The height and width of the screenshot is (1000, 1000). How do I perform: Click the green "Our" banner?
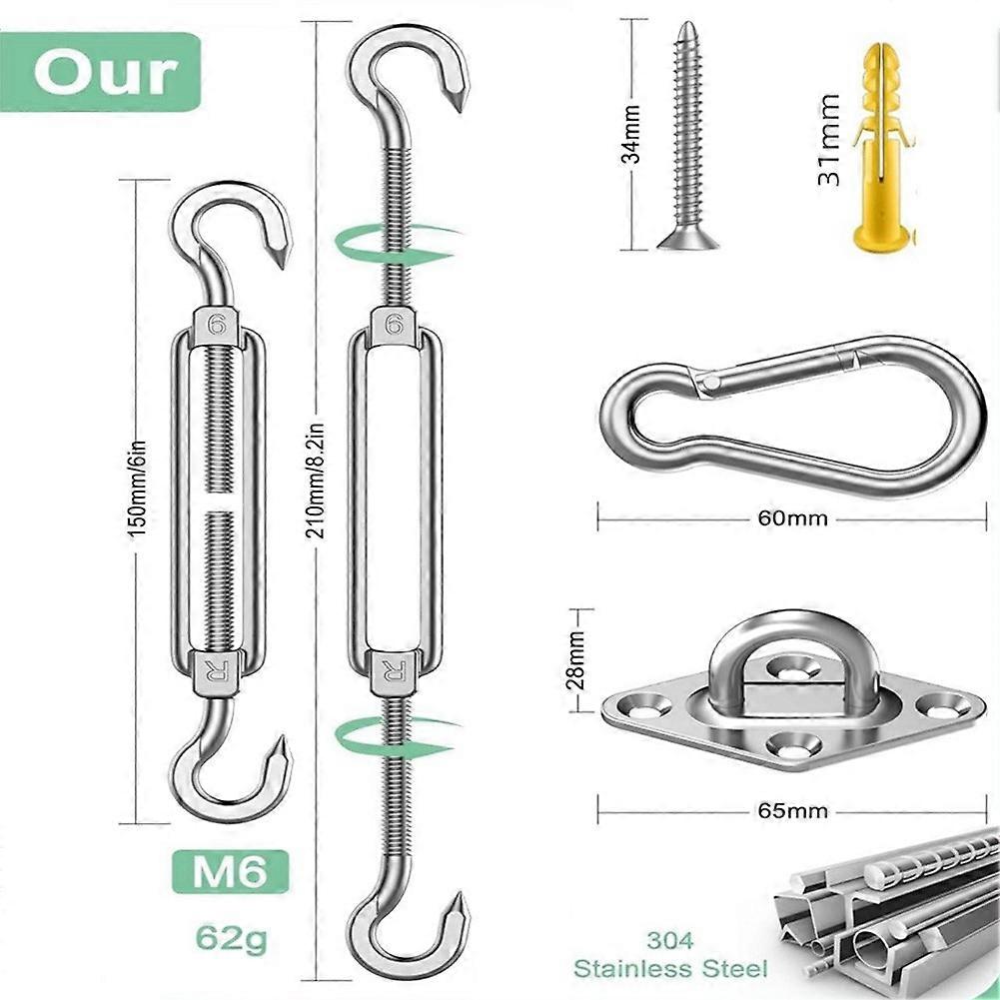pyautogui.click(x=100, y=72)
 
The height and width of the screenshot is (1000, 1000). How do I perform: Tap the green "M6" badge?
pyautogui.click(x=230, y=872)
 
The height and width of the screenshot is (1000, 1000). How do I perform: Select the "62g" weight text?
pyautogui.click(x=231, y=937)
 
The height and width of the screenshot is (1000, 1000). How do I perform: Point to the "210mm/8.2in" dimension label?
pyautogui.click(x=316, y=481)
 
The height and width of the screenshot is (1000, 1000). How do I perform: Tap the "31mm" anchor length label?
pyautogui.click(x=829, y=140)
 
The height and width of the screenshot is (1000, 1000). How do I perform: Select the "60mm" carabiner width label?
pyautogui.click(x=793, y=517)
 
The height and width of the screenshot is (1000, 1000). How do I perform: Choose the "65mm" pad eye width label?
pyautogui.click(x=793, y=810)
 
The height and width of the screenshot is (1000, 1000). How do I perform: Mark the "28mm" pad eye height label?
pyautogui.click(x=577, y=660)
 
